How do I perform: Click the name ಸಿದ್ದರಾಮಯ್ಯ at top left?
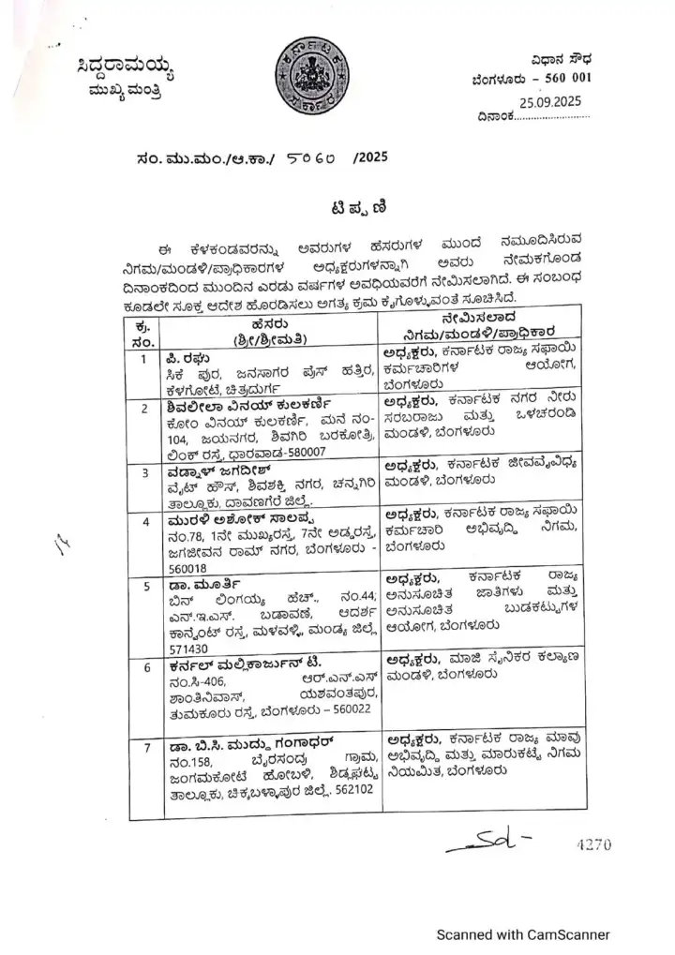[126, 68]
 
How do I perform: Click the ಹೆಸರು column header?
[271, 322]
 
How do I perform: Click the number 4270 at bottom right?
[593, 845]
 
